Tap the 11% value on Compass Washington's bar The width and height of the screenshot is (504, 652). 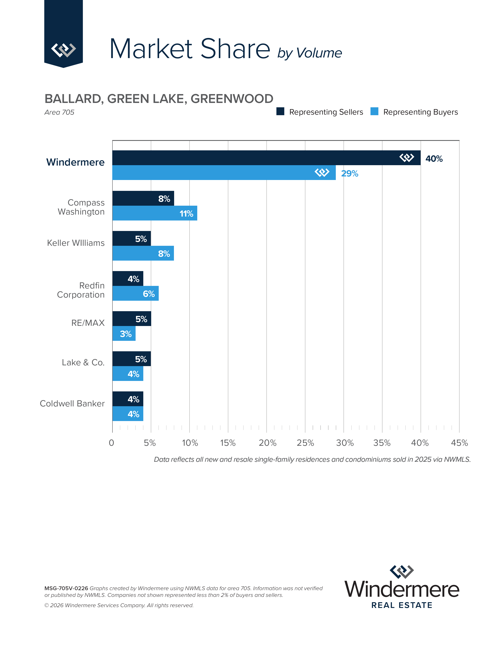[x=186, y=214]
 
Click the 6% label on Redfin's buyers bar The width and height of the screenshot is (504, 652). [x=149, y=294]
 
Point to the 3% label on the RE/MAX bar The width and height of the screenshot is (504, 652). [x=126, y=334]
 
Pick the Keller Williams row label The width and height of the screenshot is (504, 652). [x=76, y=243]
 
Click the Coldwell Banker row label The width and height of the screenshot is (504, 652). [x=72, y=404]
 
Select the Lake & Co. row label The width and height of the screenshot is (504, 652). [x=83, y=362]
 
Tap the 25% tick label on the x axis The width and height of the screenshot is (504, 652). [x=305, y=443]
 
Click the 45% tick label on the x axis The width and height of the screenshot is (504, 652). [x=459, y=443]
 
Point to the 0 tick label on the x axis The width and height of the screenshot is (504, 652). [x=111, y=443]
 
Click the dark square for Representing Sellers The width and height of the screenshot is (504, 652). [x=280, y=111]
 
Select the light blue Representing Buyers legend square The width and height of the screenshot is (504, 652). [x=374, y=111]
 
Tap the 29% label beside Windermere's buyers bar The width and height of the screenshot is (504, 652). [x=350, y=173]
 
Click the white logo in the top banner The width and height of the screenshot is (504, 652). [x=63, y=50]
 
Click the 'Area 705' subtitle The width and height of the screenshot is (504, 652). [x=59, y=112]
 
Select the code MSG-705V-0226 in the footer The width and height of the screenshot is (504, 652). [x=66, y=588]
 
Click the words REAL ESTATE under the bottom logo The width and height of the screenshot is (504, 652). [x=402, y=605]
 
